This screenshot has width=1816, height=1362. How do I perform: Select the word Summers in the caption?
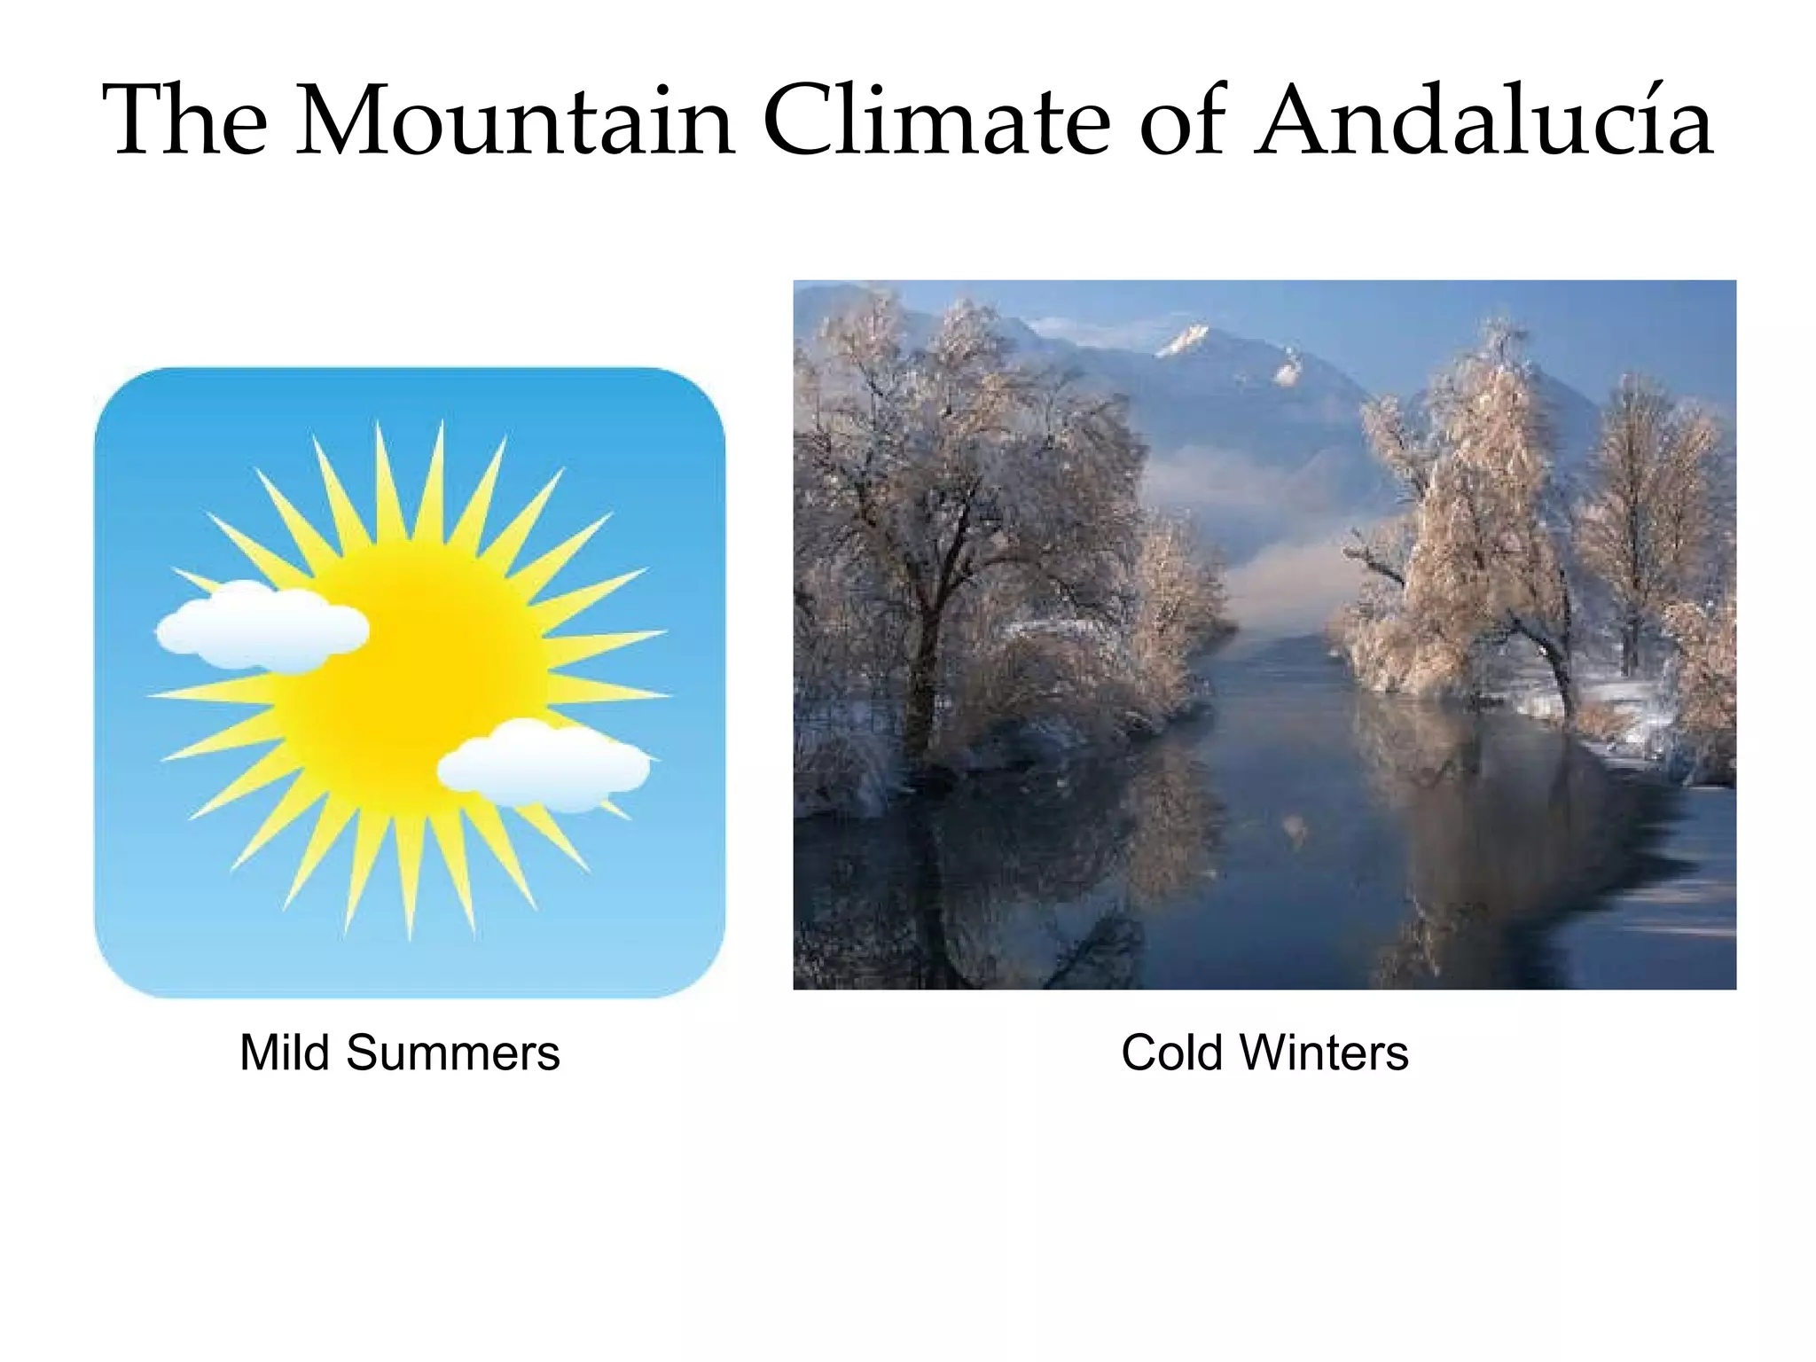click(452, 1053)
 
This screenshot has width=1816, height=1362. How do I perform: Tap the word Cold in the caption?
click(1171, 1053)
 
